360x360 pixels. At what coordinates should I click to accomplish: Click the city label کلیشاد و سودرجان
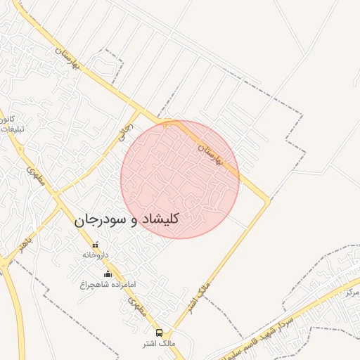(x=127, y=219)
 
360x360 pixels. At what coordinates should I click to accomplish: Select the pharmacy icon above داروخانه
(x=96, y=245)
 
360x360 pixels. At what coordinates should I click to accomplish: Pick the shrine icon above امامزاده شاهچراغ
(x=108, y=274)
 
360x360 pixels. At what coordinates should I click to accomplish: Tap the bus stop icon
(x=159, y=332)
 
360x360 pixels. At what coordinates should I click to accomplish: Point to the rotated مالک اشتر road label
(x=188, y=295)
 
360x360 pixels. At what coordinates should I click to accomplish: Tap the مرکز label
(x=352, y=290)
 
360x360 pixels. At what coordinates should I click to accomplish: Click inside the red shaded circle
(x=180, y=179)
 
